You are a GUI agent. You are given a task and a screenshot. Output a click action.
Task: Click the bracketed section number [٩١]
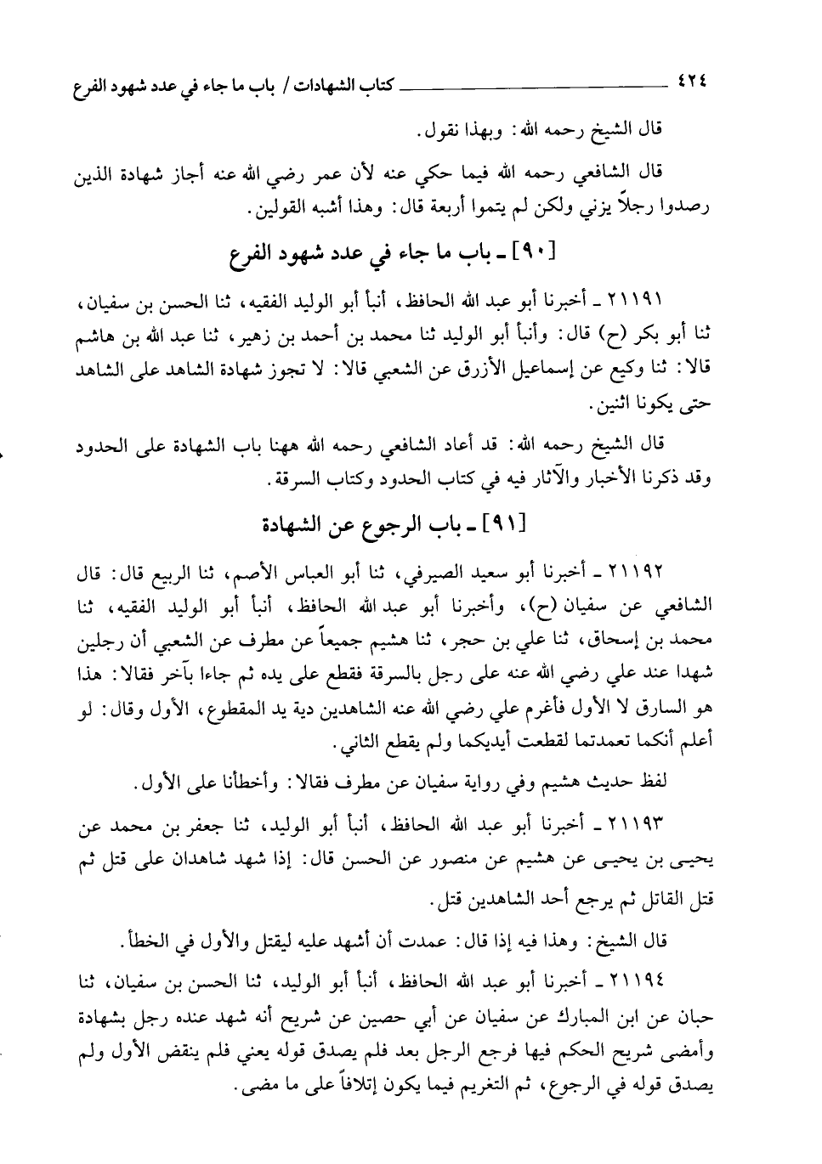(505, 524)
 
